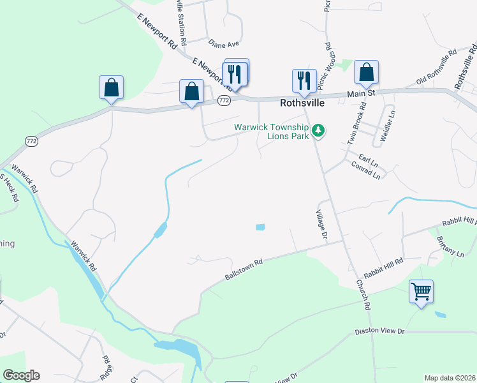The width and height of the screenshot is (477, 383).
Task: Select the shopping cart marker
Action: click(421, 292)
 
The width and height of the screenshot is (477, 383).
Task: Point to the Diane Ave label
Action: click(223, 43)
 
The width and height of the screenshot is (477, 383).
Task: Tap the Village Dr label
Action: click(322, 225)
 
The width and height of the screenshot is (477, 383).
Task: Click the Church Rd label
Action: click(363, 294)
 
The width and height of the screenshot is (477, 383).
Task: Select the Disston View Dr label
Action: click(379, 332)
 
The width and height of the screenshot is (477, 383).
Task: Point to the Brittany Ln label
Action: click(450, 246)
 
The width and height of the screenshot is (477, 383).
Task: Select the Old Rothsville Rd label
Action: click(436, 67)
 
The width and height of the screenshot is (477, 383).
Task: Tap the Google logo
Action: click(21, 375)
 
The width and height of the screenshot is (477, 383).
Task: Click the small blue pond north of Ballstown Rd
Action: click(260, 227)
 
